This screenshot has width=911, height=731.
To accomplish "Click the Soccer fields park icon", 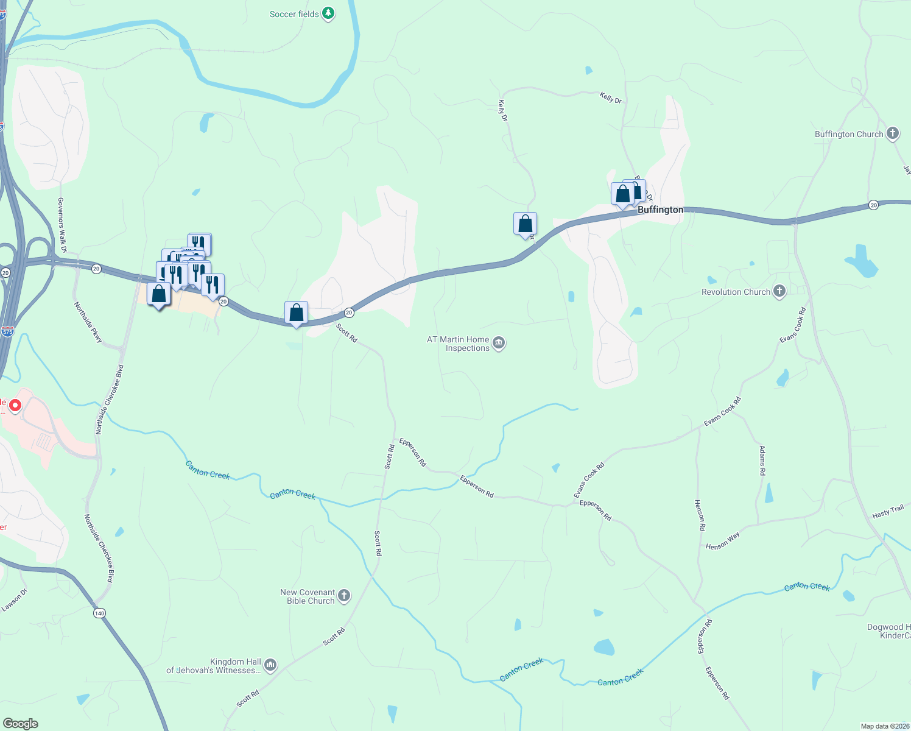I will (328, 13).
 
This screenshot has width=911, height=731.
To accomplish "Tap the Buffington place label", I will (660, 210).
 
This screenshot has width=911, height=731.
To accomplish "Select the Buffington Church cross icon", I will (893, 134).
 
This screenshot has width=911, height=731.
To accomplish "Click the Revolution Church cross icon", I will (779, 292).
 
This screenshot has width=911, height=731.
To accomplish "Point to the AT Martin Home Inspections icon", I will (499, 344).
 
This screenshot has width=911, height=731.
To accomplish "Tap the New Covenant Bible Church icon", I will (344, 596).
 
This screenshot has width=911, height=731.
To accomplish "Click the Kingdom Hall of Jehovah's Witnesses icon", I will (270, 665).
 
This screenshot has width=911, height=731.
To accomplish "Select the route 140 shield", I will (99, 613).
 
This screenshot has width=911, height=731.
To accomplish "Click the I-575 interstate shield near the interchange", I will (7, 331).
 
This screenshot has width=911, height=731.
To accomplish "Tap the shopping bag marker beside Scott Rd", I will (296, 313).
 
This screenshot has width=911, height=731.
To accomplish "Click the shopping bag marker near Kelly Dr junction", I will (525, 224).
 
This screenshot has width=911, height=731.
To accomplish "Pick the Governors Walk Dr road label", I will (62, 225).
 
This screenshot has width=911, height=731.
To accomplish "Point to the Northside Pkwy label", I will (88, 322).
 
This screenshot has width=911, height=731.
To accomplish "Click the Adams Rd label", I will (762, 460).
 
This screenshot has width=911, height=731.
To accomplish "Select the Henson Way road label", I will (723, 541).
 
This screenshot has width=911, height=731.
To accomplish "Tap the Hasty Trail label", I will (888, 512).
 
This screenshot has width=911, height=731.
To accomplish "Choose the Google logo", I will (21, 724).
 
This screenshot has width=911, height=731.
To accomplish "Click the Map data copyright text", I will (885, 726).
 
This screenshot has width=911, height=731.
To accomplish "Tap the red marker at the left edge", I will (15, 405).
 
